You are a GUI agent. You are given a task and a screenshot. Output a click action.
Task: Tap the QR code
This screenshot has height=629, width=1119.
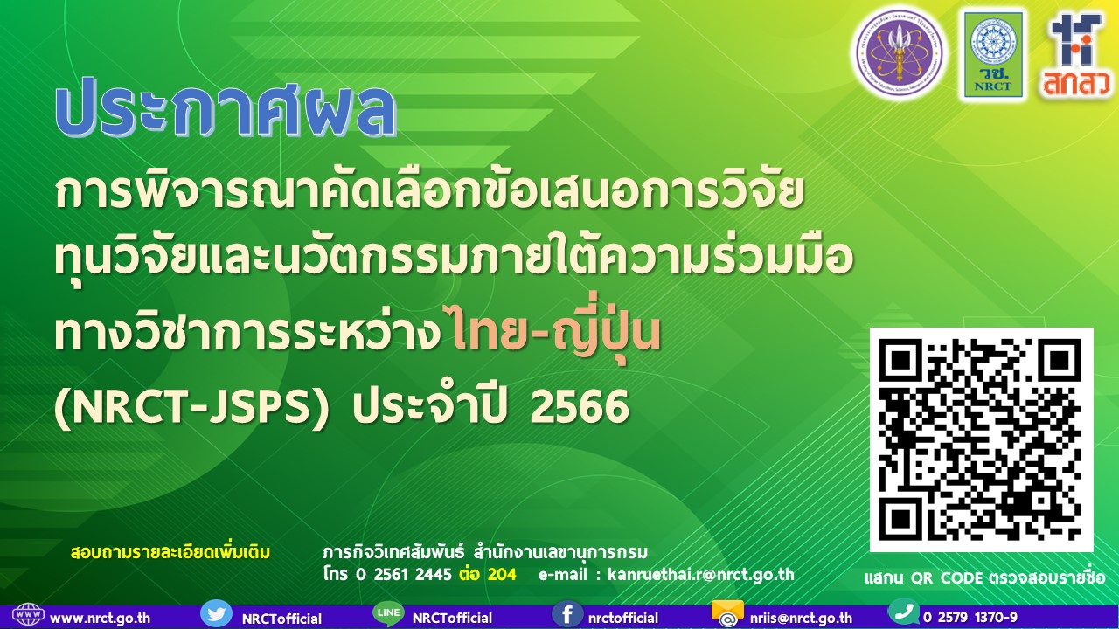tap(981, 439)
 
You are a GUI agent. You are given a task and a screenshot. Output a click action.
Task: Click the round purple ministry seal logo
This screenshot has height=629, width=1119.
tap(898, 52)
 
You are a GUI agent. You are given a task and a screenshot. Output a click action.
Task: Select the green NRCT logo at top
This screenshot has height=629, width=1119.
tap(992, 54)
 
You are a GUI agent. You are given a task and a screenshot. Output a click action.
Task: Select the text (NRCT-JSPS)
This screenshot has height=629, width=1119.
tap(191, 407)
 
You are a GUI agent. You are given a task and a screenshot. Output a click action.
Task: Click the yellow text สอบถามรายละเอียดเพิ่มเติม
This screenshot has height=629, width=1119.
tap(170, 553)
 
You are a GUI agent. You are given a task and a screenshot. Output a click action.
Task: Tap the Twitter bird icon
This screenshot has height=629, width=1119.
tap(216, 613)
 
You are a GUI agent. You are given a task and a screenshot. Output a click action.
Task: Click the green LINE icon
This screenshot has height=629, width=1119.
tap(387, 613)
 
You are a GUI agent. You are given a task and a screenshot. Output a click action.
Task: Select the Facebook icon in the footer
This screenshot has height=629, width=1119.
tap(567, 613)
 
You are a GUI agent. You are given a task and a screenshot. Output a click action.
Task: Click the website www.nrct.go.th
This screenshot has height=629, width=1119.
tap(100, 618)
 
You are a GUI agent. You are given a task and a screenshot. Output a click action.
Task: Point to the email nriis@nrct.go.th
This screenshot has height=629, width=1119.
tap(801, 618)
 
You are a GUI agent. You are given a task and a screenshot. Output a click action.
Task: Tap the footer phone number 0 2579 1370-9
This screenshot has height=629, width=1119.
tap(970, 617)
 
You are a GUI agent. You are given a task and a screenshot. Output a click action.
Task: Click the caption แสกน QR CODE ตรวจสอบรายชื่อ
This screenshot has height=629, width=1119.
tap(984, 578)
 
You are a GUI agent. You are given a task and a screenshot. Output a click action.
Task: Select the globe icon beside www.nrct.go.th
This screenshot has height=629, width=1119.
tap(28, 615)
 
